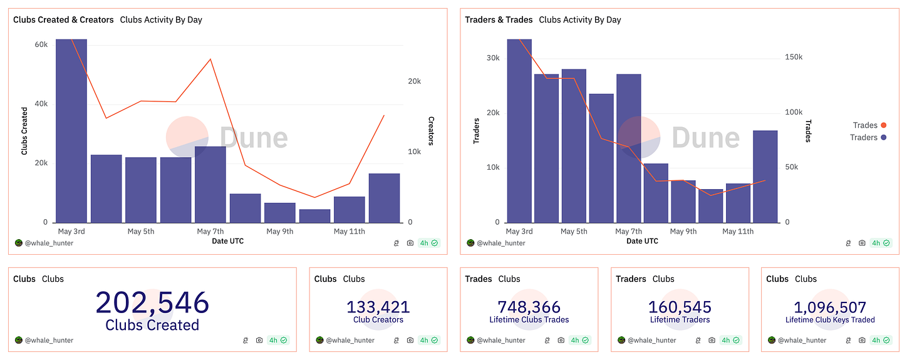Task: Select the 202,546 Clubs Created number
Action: pyautogui.click(x=152, y=303)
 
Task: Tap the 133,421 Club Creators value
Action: pyautogui.click(x=378, y=307)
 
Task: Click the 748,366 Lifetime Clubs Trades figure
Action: pyautogui.click(x=529, y=307)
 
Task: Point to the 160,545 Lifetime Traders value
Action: pyautogui.click(x=680, y=307)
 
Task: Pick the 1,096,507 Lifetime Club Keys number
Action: pyautogui.click(x=830, y=307)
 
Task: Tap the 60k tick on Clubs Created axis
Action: pyautogui.click(x=41, y=44)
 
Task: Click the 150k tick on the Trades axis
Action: pyautogui.click(x=794, y=58)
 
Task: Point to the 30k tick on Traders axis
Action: pyautogui.click(x=493, y=58)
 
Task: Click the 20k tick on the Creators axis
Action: pyautogui.click(x=414, y=81)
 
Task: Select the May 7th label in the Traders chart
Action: pyautogui.click(x=628, y=232)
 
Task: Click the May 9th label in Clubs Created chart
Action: pyautogui.click(x=279, y=232)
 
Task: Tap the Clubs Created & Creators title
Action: pyautogui.click(x=63, y=20)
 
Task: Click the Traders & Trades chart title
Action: pyautogui.click(x=499, y=20)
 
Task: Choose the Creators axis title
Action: pyautogui.click(x=431, y=131)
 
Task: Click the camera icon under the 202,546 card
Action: pyautogui.click(x=259, y=341)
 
